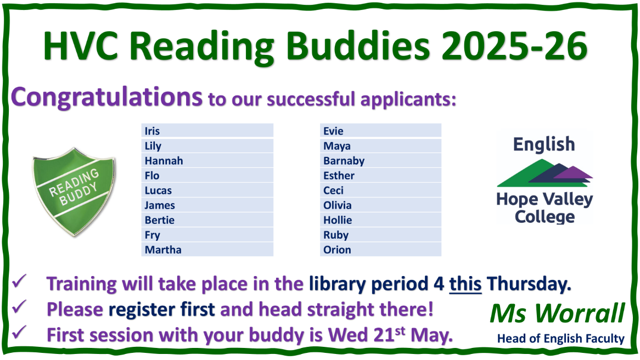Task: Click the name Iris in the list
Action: (x=152, y=131)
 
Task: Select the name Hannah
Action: (x=164, y=161)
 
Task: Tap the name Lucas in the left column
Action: (x=158, y=190)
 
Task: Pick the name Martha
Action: (x=163, y=250)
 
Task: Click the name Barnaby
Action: (x=344, y=161)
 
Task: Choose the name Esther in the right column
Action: (x=339, y=176)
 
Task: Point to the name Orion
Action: (x=337, y=250)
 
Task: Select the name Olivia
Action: (x=338, y=205)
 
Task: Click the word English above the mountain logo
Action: (x=544, y=144)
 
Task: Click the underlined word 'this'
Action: (x=465, y=284)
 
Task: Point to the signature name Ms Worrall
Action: (x=557, y=314)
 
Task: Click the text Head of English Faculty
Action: (x=560, y=339)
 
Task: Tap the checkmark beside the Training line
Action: (x=20, y=284)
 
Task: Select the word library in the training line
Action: (x=336, y=284)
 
